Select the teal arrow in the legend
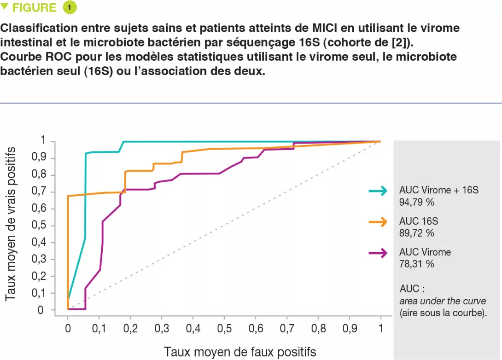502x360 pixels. (378, 191)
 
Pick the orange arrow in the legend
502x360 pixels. (378, 222)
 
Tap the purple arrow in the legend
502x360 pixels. (378, 253)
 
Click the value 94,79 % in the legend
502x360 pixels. (417, 202)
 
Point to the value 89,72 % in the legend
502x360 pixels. (417, 233)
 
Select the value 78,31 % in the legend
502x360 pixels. (417, 264)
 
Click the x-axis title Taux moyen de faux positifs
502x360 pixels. (240, 352)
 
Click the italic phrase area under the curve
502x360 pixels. (443, 302)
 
